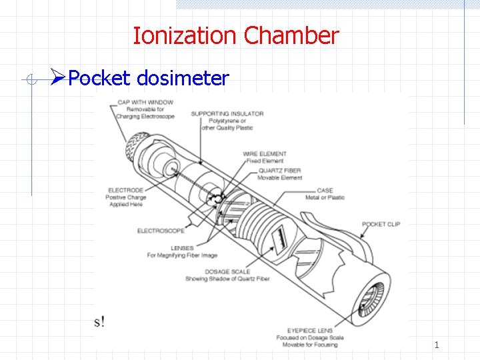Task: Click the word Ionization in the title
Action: (185, 35)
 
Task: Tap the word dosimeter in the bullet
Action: (183, 79)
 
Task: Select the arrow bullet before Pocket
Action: (58, 79)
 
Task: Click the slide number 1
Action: (437, 345)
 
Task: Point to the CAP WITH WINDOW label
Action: (145, 102)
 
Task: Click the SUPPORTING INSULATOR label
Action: (227, 113)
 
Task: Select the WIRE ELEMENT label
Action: (265, 154)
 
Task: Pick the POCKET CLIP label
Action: (381, 225)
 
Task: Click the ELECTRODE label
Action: (126, 190)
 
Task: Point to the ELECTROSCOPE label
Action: (161, 231)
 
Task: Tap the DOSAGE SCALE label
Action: (228, 271)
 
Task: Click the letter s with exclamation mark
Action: (99, 321)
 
